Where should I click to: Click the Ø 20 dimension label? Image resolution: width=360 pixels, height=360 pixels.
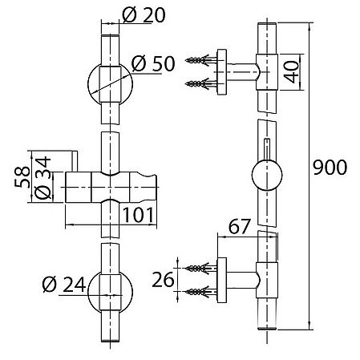click(144, 15)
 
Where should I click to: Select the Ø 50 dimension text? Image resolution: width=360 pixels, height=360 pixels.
click(153, 63)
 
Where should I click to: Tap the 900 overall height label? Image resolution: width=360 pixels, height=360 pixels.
click(330, 168)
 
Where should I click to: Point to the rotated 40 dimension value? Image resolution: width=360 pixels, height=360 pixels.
click(291, 71)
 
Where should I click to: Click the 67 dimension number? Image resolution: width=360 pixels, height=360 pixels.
click(240, 226)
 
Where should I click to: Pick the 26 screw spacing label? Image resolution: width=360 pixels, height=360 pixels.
click(163, 280)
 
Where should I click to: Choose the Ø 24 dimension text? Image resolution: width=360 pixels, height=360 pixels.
click(64, 284)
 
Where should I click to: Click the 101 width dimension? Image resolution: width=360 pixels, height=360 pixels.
click(138, 215)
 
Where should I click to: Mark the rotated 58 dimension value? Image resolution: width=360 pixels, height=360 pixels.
click(22, 177)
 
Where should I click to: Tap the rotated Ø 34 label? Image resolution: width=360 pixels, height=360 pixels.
click(42, 178)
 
